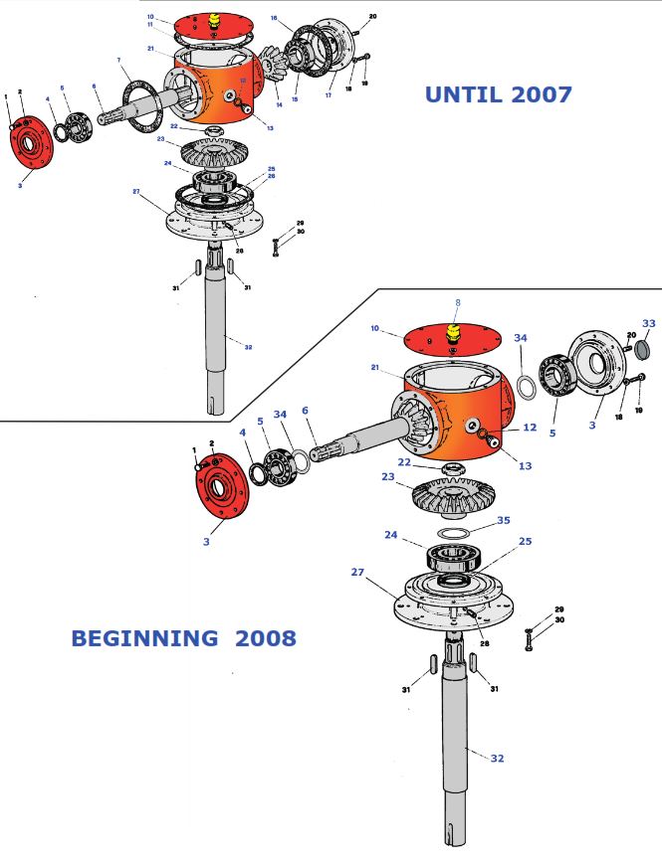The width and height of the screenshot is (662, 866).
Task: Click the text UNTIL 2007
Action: click(498, 94)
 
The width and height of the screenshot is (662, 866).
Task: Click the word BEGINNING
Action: click(143, 638)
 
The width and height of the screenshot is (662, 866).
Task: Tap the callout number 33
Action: click(648, 324)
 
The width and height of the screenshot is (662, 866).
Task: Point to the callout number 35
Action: click(503, 520)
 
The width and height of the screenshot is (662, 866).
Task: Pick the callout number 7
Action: click(118, 62)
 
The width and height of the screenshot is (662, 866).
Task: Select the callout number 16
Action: click(274, 18)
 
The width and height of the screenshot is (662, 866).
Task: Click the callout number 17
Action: click(330, 95)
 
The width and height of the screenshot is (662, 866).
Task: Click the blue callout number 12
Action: click(530, 428)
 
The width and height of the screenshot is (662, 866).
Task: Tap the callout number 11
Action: click(150, 26)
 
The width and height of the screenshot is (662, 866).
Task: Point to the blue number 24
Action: click(390, 534)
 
